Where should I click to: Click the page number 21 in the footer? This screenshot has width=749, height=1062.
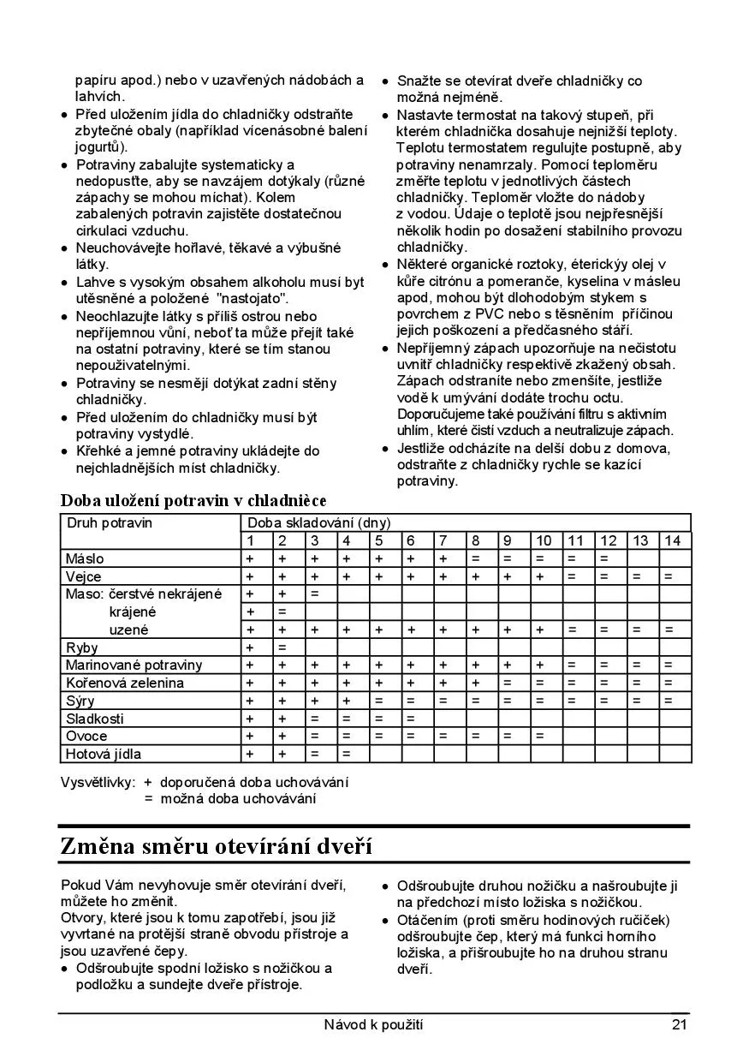pos(679,1024)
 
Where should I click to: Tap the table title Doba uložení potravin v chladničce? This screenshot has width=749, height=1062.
pos(193,500)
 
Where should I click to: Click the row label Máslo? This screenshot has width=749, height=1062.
pos(85,558)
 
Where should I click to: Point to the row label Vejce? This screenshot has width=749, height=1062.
pos(84,576)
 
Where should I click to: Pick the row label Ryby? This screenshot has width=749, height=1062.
pos(82,647)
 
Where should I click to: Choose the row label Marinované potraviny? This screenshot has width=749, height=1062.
pos(134,665)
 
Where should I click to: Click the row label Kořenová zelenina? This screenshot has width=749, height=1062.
pos(125,683)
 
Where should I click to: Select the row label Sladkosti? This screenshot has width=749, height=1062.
pos(95,719)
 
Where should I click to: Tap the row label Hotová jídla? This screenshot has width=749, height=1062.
pos(104,754)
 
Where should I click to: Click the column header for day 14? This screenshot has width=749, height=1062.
pos(673,540)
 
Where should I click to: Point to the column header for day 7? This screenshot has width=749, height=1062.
pos(443,540)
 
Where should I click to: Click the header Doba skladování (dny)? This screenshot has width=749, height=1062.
pos(318,522)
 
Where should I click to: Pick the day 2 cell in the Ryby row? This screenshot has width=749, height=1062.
pos(282,647)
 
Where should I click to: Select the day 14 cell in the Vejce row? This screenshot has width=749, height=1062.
pos(673,576)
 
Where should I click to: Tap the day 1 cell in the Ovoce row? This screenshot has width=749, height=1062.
pos(250,736)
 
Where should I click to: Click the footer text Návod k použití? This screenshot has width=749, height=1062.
pos(373,1024)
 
